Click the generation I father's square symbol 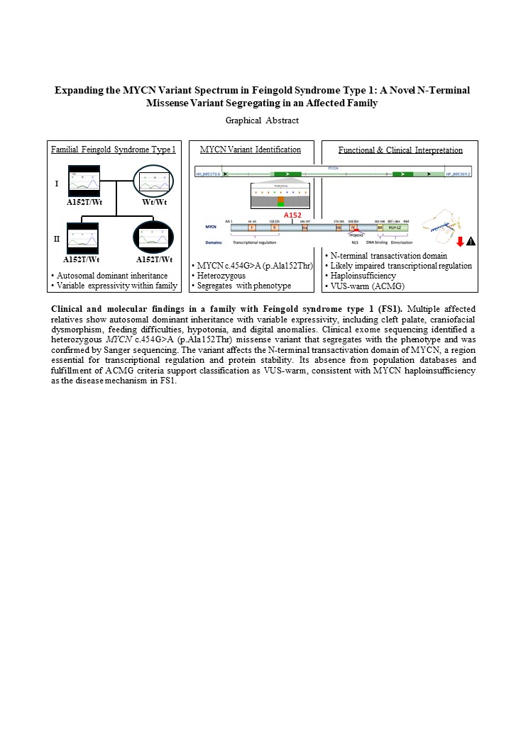tap(87, 181)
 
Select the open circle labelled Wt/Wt tap(155, 183)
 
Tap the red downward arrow tap(460, 242)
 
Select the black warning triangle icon tap(471, 242)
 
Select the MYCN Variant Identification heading tap(251, 150)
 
